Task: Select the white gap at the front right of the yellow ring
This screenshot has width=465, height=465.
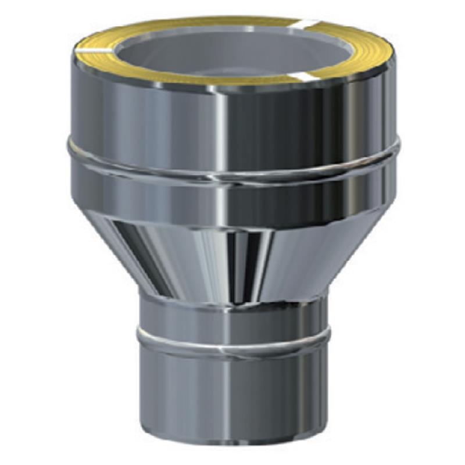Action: click(x=306, y=76)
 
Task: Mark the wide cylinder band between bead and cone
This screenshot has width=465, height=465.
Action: click(x=233, y=201)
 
